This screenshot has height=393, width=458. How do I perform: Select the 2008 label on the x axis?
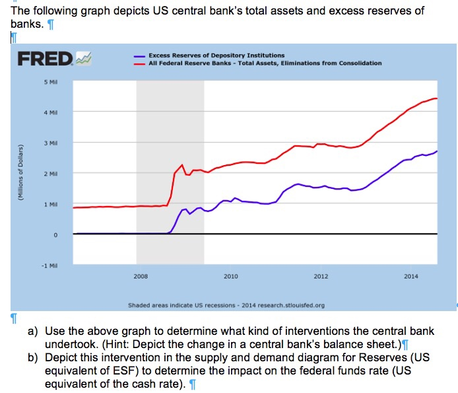[141, 276]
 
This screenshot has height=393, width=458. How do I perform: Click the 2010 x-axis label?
[230, 276]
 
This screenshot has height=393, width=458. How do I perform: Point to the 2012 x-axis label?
[321, 276]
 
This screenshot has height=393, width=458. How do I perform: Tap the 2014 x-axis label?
[410, 276]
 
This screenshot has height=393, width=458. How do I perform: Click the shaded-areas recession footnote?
[226, 305]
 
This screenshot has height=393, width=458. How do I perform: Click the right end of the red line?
[437, 98]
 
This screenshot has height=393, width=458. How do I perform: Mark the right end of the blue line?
[437, 151]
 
